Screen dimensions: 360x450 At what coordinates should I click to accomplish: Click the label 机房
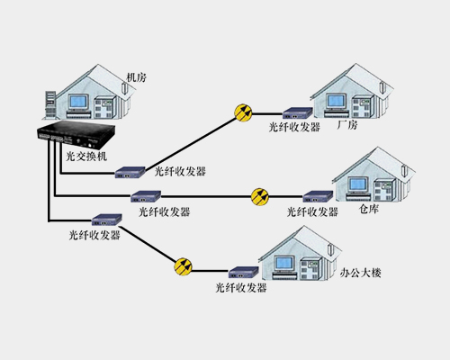pos(136,78)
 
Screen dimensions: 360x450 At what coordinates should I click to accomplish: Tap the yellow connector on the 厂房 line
pos(243,112)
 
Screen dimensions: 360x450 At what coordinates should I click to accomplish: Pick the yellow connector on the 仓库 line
pos(260,195)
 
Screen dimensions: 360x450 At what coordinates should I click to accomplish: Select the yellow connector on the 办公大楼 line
pos(183,266)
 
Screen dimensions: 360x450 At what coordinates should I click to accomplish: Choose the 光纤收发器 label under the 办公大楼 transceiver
pos(241,288)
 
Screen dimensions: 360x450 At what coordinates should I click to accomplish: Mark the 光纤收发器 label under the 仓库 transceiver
pos(311,211)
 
